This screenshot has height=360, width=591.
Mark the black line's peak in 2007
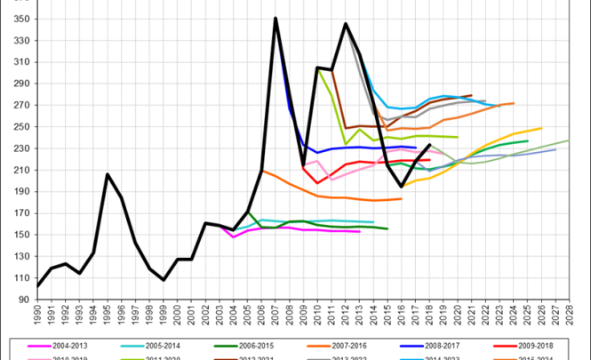[x=276, y=18]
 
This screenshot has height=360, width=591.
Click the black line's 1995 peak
[x=108, y=174]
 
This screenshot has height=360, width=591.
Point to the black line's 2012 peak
[x=345, y=24]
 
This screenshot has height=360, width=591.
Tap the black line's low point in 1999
[x=164, y=280]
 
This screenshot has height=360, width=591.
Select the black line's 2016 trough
[x=401, y=187]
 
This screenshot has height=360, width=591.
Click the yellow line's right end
[x=540, y=128]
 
